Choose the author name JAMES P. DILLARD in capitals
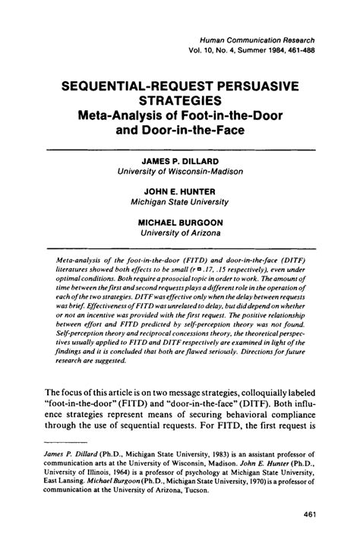click(180, 162)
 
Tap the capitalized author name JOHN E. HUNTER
click(180, 191)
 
